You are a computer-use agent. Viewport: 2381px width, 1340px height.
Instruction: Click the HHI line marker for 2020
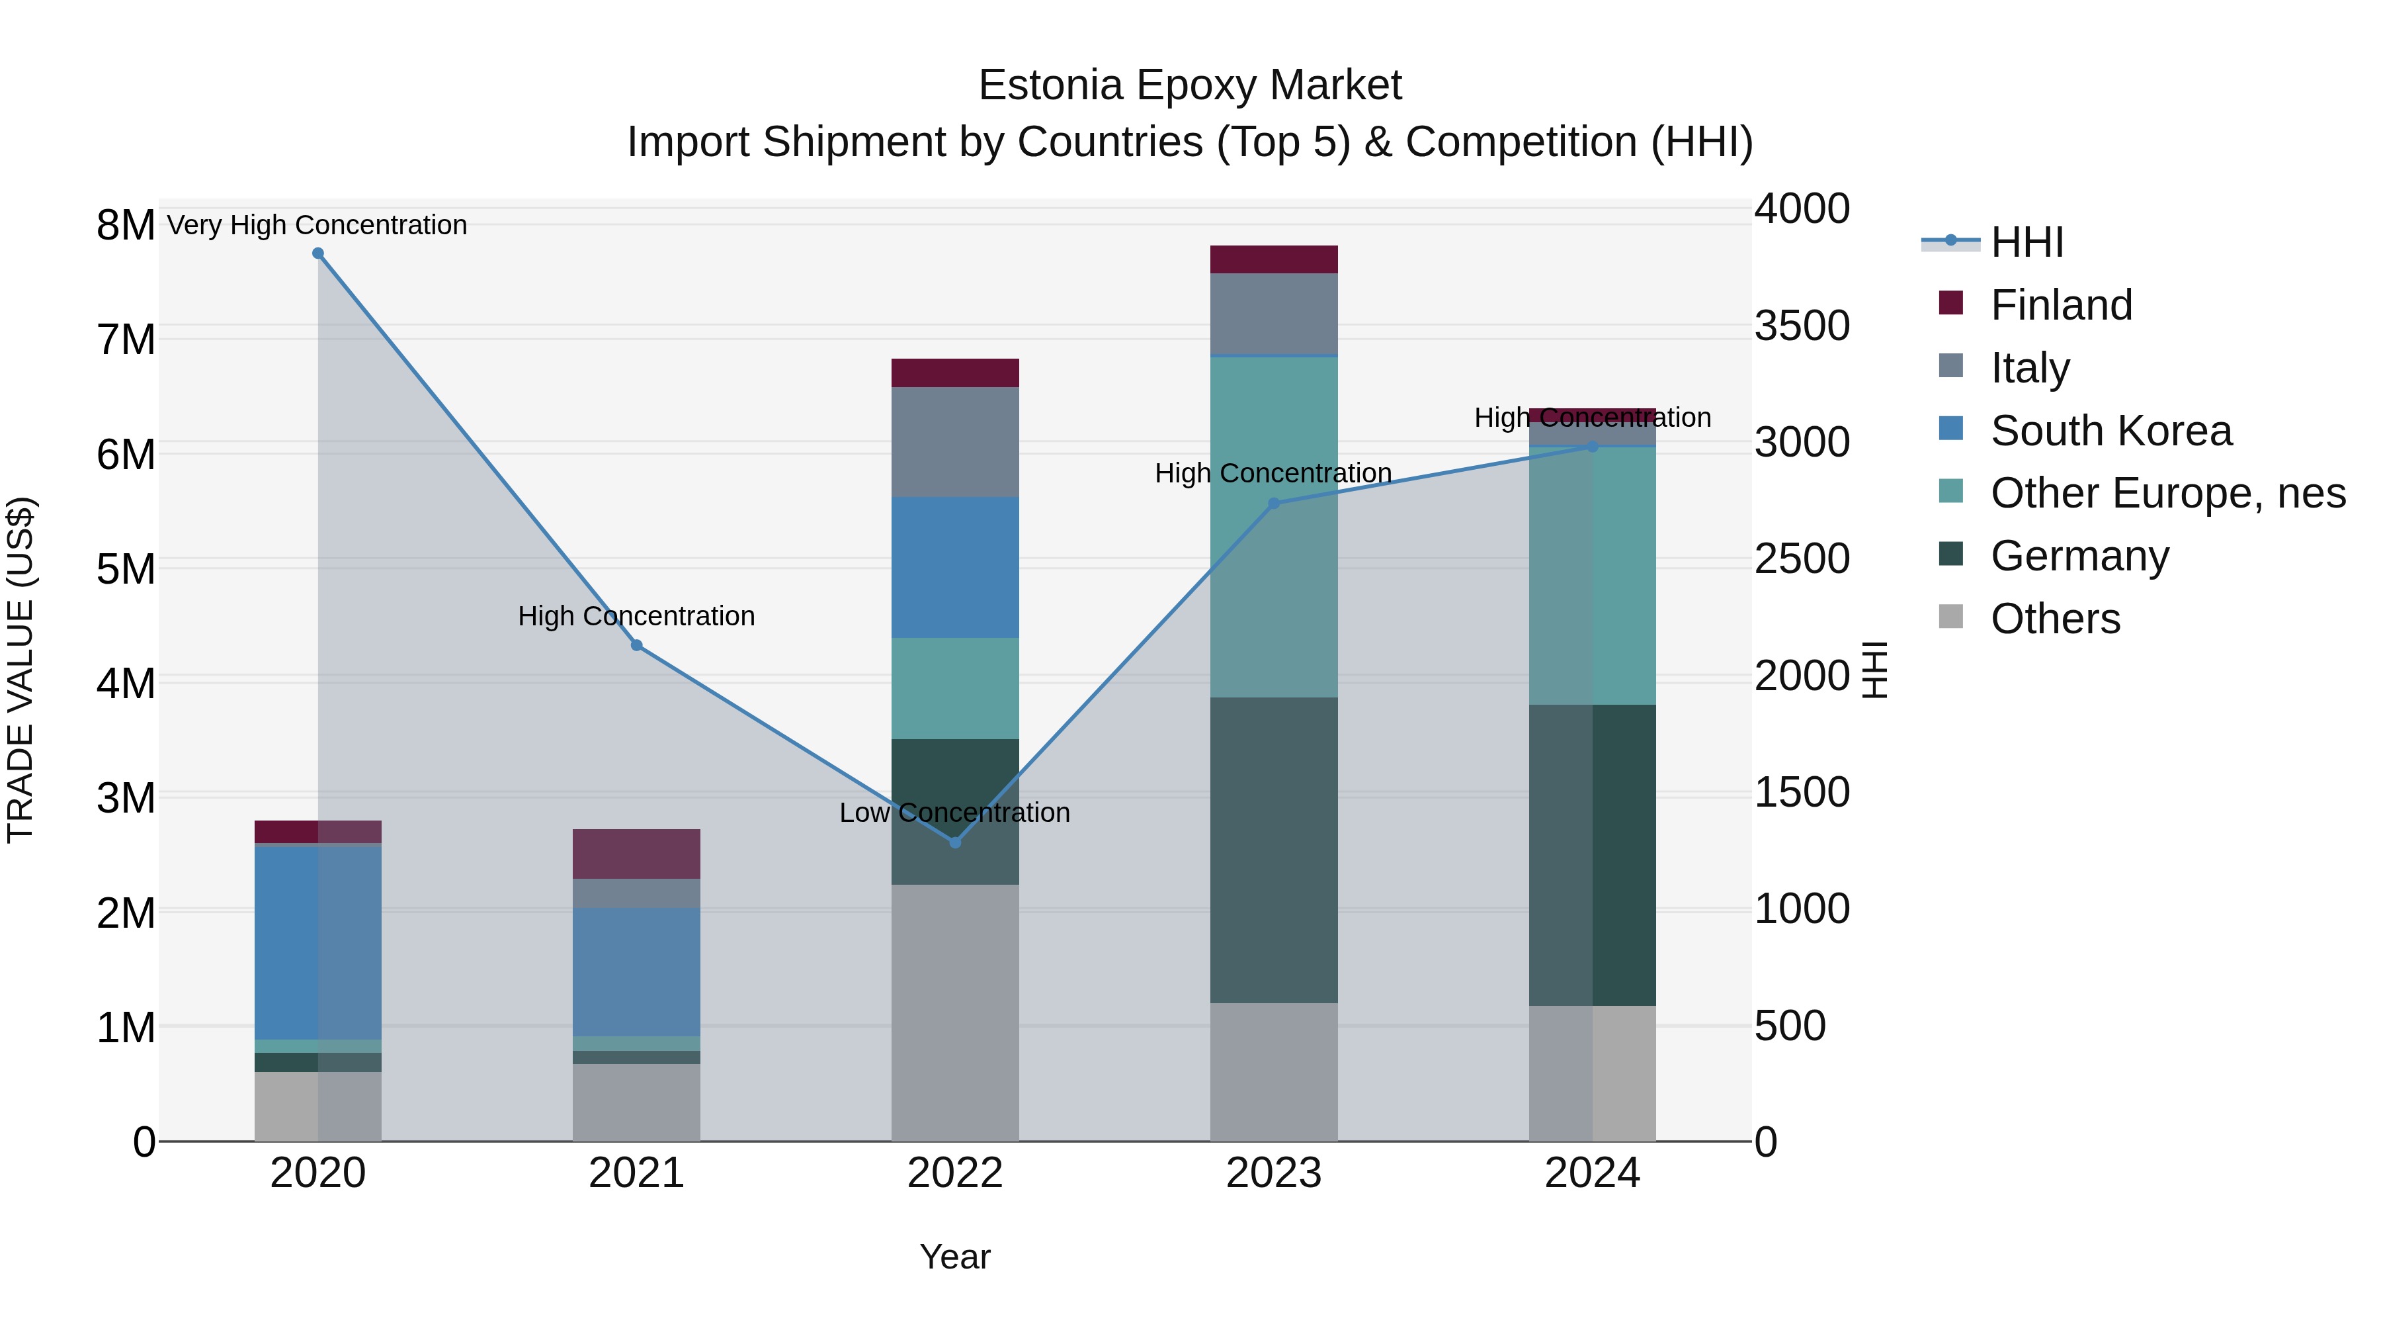tap(318, 253)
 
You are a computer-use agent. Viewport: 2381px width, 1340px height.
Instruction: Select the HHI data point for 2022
tap(955, 842)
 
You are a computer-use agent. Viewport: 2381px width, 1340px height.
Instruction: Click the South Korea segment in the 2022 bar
tap(955, 567)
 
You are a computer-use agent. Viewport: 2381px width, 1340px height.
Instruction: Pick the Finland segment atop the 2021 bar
tap(636, 854)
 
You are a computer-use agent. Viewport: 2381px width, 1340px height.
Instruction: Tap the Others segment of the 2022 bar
tap(955, 1012)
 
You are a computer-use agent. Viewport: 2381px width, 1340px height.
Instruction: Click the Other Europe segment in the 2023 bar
tap(1274, 527)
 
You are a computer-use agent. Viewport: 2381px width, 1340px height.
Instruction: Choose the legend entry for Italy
tap(2030, 368)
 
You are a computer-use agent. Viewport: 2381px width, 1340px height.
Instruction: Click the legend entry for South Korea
tap(2110, 431)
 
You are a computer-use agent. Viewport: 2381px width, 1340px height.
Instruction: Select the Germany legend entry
tap(2079, 556)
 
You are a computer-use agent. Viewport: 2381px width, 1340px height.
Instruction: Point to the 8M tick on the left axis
tap(126, 225)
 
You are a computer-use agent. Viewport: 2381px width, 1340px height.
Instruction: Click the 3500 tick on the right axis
tap(1802, 326)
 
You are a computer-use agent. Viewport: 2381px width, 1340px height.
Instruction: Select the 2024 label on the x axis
tap(1592, 1173)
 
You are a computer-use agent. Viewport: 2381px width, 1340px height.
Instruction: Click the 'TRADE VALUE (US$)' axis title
tap(21, 670)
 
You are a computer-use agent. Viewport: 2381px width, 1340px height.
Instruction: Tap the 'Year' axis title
tap(955, 1257)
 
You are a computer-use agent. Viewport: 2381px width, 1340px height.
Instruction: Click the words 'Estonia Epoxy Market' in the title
tap(1190, 85)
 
